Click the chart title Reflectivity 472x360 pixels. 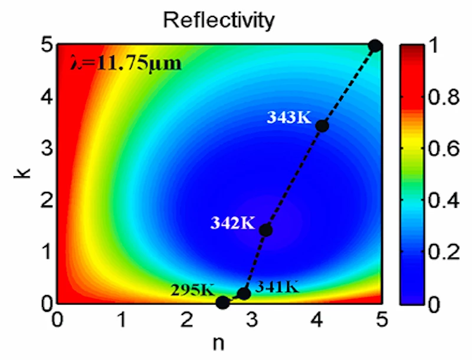click(x=219, y=21)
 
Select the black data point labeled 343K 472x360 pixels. click(x=322, y=125)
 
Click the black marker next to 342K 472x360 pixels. click(x=265, y=230)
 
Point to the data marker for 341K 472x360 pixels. click(x=244, y=293)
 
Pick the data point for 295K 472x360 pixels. click(x=222, y=302)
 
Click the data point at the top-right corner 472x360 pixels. click(x=375, y=45)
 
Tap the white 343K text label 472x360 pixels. click(x=289, y=117)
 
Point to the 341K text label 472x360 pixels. click(x=278, y=288)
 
